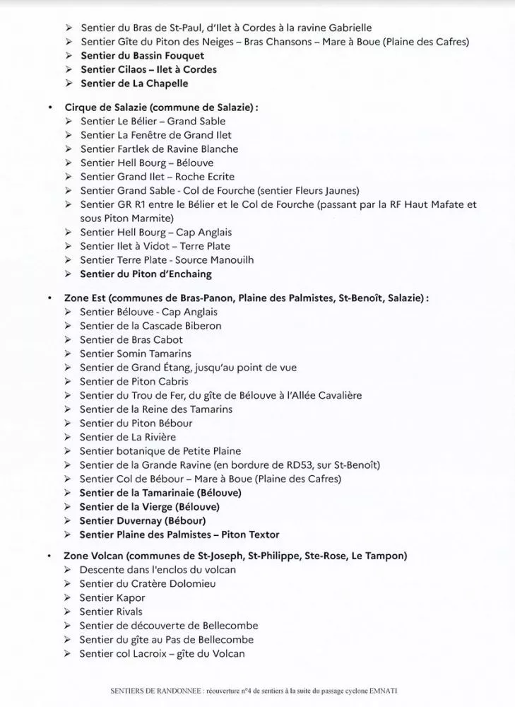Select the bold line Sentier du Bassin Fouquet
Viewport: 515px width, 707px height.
pyautogui.click(x=142, y=56)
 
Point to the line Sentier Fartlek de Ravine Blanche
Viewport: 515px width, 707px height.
pyautogui.click(x=159, y=149)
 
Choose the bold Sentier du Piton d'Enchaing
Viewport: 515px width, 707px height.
pyautogui.click(x=146, y=274)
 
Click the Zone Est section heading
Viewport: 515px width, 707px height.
pyautogui.click(x=247, y=298)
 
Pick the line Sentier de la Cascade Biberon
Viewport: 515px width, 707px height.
pyautogui.click(x=150, y=326)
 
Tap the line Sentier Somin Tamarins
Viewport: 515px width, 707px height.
pyautogui.click(x=136, y=353)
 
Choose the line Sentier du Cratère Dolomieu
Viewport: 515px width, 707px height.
pyautogui.click(x=148, y=584)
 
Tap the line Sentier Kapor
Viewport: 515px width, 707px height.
pyautogui.click(x=112, y=598)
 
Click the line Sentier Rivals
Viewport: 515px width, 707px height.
pyautogui.click(x=111, y=612)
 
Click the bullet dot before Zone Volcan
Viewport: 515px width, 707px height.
pyautogui.click(x=49, y=556)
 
